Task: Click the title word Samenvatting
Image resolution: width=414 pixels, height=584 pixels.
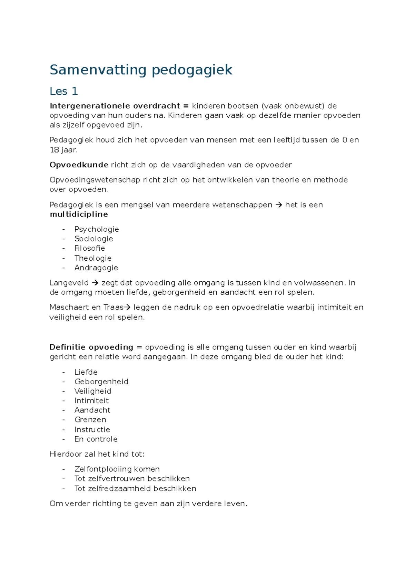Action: [98, 70]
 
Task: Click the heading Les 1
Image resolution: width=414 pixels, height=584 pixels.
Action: [64, 91]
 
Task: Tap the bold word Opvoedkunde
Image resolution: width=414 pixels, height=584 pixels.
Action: [79, 165]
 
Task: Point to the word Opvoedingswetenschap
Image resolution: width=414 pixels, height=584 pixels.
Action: [95, 180]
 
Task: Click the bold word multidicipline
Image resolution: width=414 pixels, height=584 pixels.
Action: [79, 215]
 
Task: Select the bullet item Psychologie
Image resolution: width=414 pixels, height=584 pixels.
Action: [97, 229]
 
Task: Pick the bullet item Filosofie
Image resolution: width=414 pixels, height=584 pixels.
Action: [90, 248]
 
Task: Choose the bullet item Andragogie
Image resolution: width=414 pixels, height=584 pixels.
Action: [96, 268]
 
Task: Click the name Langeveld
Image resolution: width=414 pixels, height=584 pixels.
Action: [69, 283]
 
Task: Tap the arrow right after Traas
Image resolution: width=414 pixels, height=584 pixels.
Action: [127, 307]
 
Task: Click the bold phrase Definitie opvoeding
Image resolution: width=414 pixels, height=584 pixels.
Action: [91, 347]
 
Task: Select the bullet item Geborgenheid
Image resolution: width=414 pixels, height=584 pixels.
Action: [101, 382]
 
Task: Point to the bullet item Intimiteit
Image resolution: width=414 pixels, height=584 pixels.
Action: [91, 401]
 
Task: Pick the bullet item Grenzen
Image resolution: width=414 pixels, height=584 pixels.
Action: [90, 420]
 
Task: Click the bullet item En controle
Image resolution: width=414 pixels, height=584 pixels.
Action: [96, 439]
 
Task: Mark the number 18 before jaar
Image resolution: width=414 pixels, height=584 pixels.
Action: [54, 150]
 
